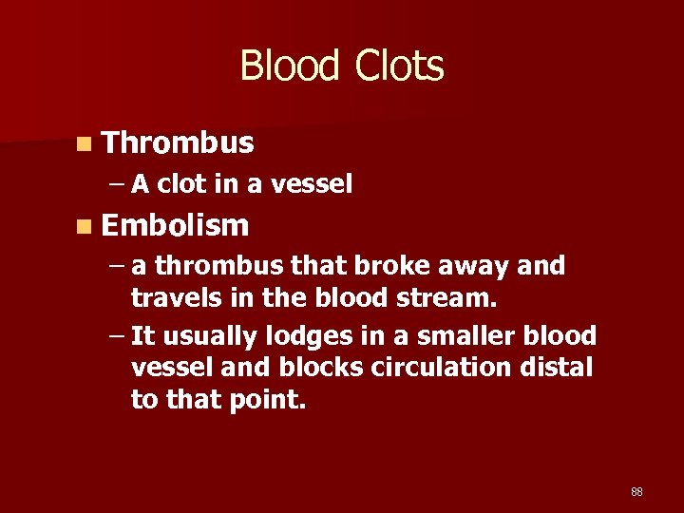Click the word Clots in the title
[x=399, y=66]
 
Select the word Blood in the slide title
[x=290, y=66]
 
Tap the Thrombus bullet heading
[x=178, y=142]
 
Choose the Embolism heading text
[x=176, y=225]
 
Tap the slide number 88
[x=636, y=491]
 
